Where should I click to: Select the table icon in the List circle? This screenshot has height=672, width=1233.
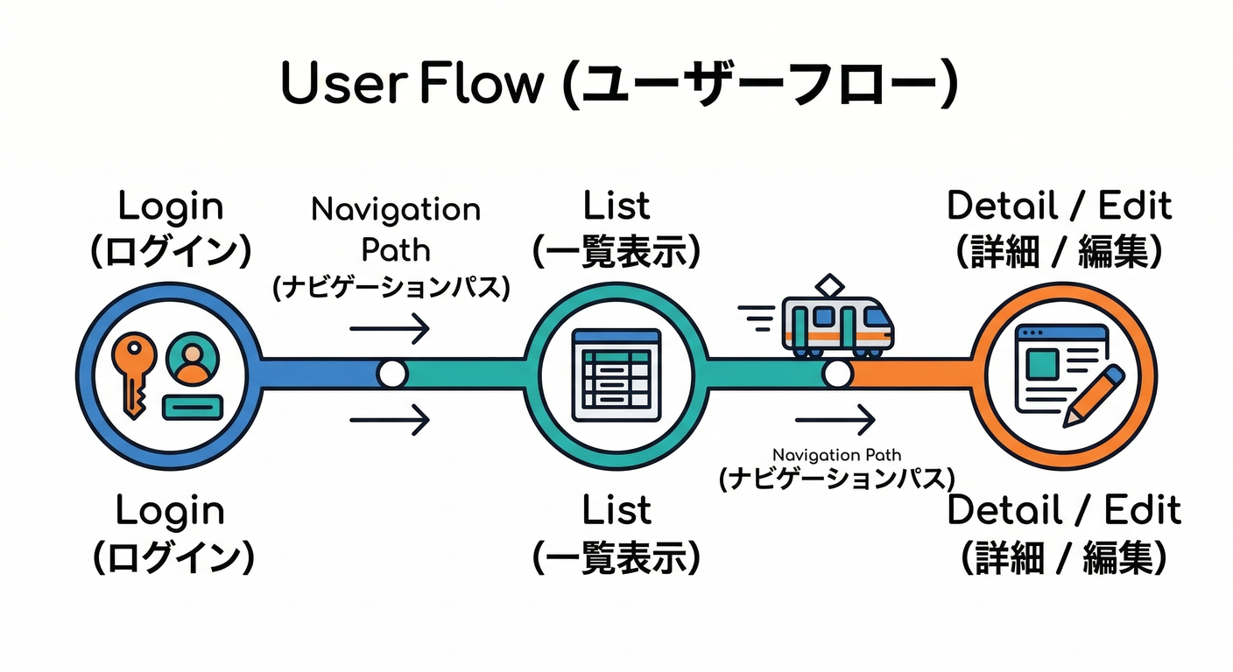click(615, 373)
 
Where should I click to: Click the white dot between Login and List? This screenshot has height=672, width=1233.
click(392, 374)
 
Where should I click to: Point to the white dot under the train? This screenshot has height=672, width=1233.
click(837, 374)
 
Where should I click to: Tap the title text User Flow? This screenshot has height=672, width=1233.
click(412, 85)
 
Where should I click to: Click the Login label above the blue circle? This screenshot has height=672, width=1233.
click(171, 206)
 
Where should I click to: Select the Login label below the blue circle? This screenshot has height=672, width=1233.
click(171, 510)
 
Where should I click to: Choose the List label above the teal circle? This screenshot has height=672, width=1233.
click(616, 206)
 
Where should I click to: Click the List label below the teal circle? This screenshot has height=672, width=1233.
click(616, 510)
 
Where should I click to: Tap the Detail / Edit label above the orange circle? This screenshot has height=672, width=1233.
click(1059, 206)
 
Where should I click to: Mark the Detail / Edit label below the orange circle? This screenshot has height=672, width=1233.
click(1064, 510)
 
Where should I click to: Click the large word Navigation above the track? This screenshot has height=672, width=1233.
click(396, 210)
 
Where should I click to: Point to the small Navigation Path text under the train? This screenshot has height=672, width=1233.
click(836, 455)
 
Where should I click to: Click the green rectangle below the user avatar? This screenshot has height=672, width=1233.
click(194, 405)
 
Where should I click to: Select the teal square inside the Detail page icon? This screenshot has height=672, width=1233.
click(1042, 360)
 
